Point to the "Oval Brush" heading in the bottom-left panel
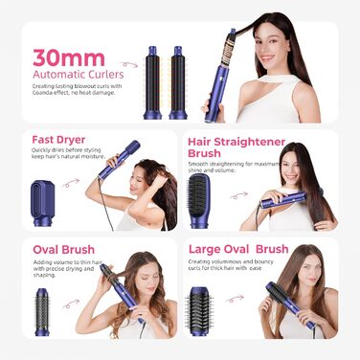point(63,249)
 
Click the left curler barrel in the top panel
point(152,80)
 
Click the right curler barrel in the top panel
point(178,80)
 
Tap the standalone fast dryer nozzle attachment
point(43,205)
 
